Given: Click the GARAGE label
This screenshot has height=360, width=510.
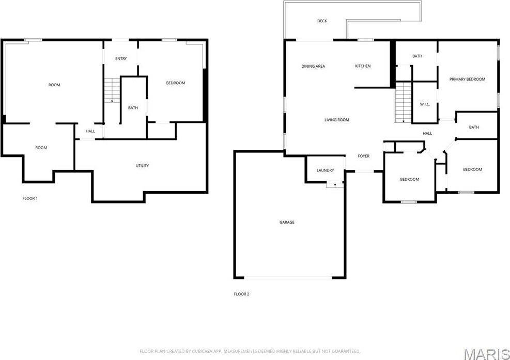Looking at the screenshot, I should [x=287, y=222].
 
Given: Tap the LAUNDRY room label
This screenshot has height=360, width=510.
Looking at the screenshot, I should [x=326, y=170].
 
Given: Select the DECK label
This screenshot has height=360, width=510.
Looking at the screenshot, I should [x=322, y=21].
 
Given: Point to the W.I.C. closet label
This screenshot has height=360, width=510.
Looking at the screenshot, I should [x=425, y=104].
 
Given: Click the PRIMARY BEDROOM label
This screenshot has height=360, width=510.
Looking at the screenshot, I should [x=467, y=79].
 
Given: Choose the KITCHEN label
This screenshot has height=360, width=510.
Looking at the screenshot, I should [x=363, y=66].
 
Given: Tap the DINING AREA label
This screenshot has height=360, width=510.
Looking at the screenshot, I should [x=313, y=66].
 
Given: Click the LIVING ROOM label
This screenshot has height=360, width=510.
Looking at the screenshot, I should [x=336, y=120].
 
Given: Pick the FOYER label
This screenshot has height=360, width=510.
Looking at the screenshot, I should [x=364, y=156].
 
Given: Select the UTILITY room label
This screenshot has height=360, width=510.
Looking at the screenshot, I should [x=142, y=166].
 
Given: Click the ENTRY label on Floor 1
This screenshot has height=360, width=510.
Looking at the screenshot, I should [x=121, y=59].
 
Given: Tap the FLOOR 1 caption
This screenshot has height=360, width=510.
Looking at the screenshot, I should [x=30, y=198].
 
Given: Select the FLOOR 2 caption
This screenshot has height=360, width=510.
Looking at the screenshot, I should [x=241, y=294].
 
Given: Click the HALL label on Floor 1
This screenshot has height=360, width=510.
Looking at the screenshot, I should [x=90, y=131].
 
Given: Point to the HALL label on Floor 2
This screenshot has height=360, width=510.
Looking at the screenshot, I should [x=427, y=134].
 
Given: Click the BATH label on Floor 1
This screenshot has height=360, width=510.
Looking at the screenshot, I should [x=133, y=108].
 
